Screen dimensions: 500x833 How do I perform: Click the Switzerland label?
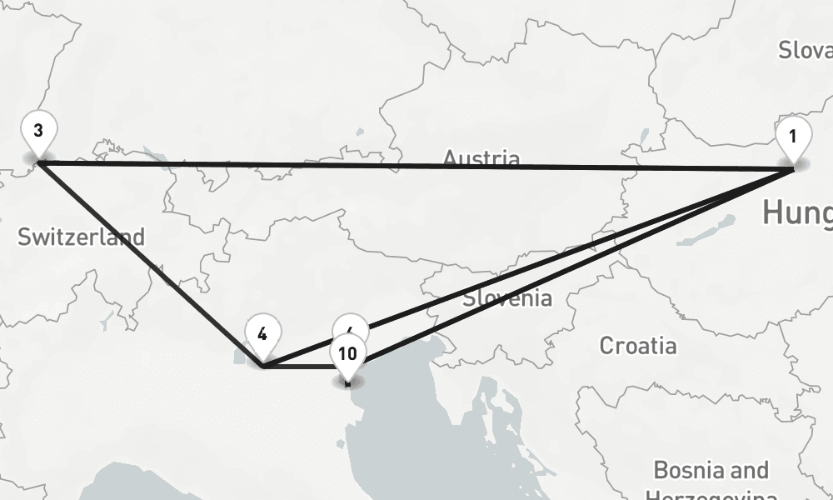tap(81, 237)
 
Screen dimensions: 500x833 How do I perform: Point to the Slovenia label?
tap(506, 297)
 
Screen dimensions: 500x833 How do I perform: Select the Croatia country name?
tap(638, 345)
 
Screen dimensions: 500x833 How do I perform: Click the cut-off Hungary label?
tap(797, 212)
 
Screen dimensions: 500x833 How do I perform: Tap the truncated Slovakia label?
tap(805, 50)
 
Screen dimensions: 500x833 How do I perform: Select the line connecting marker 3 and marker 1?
tap(416, 165)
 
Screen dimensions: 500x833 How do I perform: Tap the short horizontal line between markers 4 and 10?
tap(300, 366)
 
